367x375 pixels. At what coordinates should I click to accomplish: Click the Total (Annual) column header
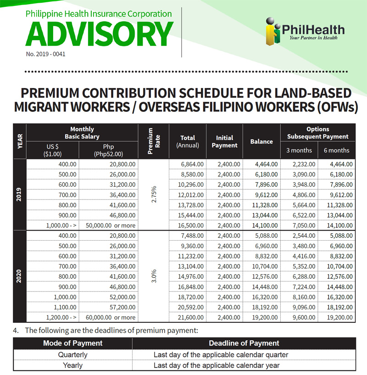[188, 141]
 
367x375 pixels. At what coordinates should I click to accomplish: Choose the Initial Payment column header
[224, 141]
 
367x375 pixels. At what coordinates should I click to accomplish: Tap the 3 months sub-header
[299, 150]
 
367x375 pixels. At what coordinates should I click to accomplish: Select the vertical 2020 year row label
[20, 276]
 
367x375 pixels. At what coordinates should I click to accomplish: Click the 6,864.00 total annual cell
[188, 164]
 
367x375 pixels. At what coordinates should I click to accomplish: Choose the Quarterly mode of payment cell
[72, 354]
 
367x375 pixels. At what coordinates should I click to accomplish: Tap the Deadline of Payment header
[244, 343]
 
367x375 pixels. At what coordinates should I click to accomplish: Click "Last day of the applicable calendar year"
[217, 365]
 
